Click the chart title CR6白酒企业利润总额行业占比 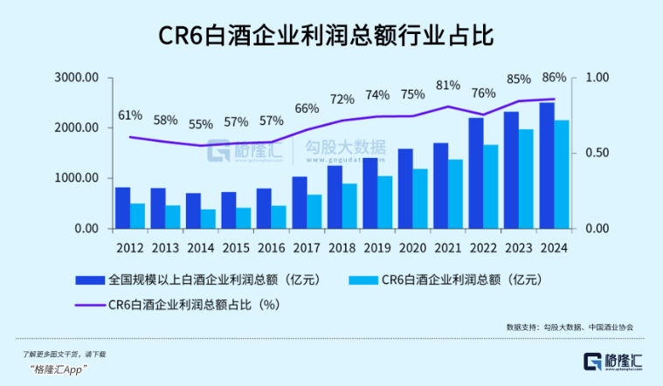tap(331, 37)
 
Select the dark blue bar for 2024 tap(546, 166)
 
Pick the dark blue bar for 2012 tap(123, 208)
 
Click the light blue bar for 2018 tap(349, 206)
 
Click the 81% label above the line tap(448, 85)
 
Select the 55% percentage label tap(201, 124)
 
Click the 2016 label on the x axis tap(272, 247)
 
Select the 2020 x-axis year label tap(412, 247)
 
